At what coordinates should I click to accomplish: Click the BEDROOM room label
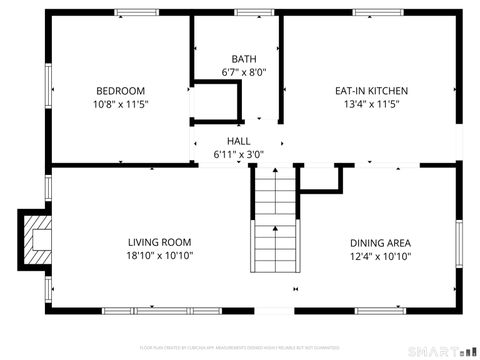(x=120, y=90)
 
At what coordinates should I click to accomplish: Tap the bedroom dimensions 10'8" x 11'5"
(x=120, y=104)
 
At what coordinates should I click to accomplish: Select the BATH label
(x=243, y=59)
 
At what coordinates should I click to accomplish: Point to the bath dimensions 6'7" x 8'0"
(x=243, y=73)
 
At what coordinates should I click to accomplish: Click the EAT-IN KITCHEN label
(x=371, y=90)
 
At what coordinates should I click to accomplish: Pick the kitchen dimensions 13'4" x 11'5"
(x=371, y=104)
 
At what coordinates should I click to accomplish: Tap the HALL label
(x=238, y=141)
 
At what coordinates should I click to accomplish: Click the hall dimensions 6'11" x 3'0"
(x=238, y=155)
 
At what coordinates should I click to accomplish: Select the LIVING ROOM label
(x=159, y=242)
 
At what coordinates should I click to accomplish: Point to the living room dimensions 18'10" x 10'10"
(x=159, y=256)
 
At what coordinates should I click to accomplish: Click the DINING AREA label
(x=380, y=242)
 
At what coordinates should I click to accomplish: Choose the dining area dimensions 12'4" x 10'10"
(x=380, y=256)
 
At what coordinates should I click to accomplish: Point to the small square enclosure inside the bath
(x=218, y=102)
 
